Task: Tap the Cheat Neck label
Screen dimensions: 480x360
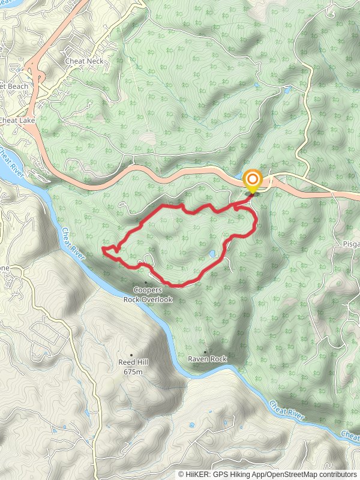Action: click(x=85, y=61)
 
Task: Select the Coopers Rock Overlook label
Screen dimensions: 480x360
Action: click(x=148, y=295)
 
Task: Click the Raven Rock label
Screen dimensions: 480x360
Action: click(x=208, y=359)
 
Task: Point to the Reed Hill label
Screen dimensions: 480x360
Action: click(x=133, y=362)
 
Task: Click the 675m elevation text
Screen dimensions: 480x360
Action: click(x=133, y=372)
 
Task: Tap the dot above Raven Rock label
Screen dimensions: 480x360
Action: click(x=205, y=352)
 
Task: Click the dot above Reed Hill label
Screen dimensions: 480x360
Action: click(x=131, y=355)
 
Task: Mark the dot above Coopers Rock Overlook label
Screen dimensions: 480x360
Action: click(x=146, y=283)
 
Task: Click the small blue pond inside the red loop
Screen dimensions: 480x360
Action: click(x=212, y=254)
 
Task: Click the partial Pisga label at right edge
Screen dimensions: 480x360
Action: click(x=350, y=245)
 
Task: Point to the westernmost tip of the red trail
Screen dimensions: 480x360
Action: click(x=103, y=248)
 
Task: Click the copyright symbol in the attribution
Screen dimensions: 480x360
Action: click(x=181, y=474)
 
